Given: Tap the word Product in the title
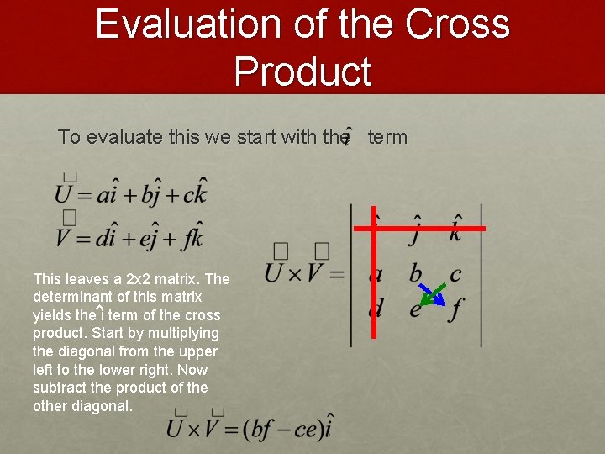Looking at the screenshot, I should pyautogui.click(x=302, y=71).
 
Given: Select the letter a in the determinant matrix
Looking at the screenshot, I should pyautogui.click(x=376, y=274).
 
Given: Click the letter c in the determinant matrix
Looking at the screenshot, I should pyautogui.click(x=455, y=274).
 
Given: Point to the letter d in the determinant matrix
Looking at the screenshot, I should pyautogui.click(x=376, y=308).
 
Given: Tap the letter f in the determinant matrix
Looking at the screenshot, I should pyautogui.click(x=455, y=309).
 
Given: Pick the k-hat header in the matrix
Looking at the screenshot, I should pyautogui.click(x=455, y=229).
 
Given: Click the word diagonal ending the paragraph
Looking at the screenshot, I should pyautogui.click(x=101, y=405).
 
